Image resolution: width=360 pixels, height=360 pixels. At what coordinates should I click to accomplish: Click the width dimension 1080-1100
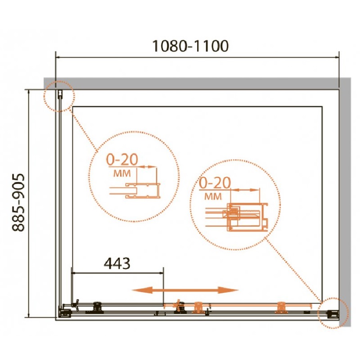coord(190,46)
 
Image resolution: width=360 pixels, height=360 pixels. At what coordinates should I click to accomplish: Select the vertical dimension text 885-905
coord(18,202)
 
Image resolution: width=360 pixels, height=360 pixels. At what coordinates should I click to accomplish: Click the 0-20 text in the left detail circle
coord(122,159)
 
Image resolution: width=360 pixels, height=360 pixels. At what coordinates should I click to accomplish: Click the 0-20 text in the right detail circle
coord(215,183)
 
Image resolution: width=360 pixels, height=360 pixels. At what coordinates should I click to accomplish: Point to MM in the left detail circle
coord(122,173)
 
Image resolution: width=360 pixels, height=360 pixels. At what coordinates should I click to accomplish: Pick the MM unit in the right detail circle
coord(213,196)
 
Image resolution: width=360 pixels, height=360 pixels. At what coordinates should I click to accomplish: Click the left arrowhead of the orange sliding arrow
coord(139,290)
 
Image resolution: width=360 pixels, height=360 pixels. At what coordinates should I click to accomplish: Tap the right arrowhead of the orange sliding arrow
coord(230,290)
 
